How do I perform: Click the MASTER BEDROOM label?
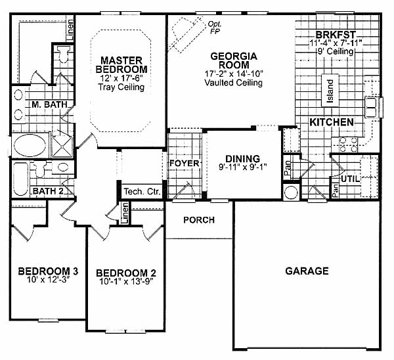121,64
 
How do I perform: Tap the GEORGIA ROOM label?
234,60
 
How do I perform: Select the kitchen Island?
330,91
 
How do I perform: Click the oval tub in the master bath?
30,146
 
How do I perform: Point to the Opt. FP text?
214,28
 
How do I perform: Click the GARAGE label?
307,271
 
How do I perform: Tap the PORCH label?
199,220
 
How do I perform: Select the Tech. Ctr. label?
142,192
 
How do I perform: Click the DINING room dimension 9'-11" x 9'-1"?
242,167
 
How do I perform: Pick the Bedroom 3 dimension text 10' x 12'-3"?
48,280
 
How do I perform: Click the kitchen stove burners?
349,145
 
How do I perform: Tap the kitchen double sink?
371,107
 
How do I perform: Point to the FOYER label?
184,164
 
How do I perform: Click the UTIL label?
350,179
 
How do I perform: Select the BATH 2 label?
48,191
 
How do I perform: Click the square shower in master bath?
62,146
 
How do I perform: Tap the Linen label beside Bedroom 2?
125,214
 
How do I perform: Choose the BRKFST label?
336,34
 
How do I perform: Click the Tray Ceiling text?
121,87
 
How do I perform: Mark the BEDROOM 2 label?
126,273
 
